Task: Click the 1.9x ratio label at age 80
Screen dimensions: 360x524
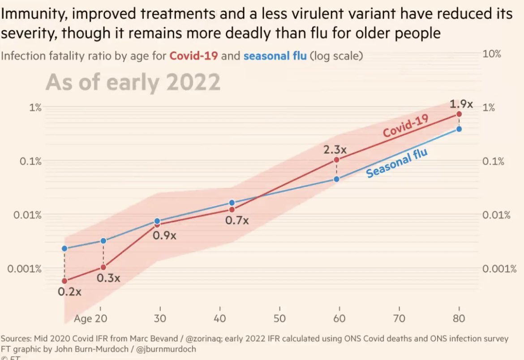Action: [461, 104]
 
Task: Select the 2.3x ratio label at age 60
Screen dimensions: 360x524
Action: [335, 150]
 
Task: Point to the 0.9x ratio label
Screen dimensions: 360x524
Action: [164, 235]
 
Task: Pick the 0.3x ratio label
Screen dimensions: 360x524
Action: [108, 278]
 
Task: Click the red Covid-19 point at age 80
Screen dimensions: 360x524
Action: [459, 114]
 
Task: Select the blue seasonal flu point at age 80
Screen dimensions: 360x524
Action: [459, 129]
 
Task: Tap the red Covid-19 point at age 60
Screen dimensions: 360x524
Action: [337, 159]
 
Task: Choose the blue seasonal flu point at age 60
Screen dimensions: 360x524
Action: [337, 179]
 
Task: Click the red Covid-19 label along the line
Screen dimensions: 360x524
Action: [406, 125]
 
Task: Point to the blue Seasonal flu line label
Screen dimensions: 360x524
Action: [396, 163]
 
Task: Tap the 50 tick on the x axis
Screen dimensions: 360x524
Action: [279, 319]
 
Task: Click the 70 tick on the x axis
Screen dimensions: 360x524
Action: [399, 319]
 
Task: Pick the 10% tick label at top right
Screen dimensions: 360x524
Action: [492, 54]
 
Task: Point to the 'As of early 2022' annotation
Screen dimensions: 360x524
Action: [133, 82]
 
